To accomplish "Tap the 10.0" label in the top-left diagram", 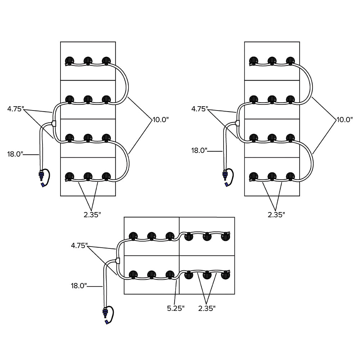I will [x=160, y=120].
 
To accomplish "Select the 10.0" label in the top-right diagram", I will [x=344, y=120].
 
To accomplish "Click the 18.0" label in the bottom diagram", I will [x=79, y=286].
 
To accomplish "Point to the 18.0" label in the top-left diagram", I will [x=15, y=154].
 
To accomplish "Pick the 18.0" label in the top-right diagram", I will [x=199, y=150].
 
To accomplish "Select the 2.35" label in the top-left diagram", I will [x=92, y=215].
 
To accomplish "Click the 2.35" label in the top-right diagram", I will [x=276, y=215].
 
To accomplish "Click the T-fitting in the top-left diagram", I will [x=54, y=123].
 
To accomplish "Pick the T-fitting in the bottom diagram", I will [x=117, y=260].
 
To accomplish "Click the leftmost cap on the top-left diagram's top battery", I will [x=69, y=60].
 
